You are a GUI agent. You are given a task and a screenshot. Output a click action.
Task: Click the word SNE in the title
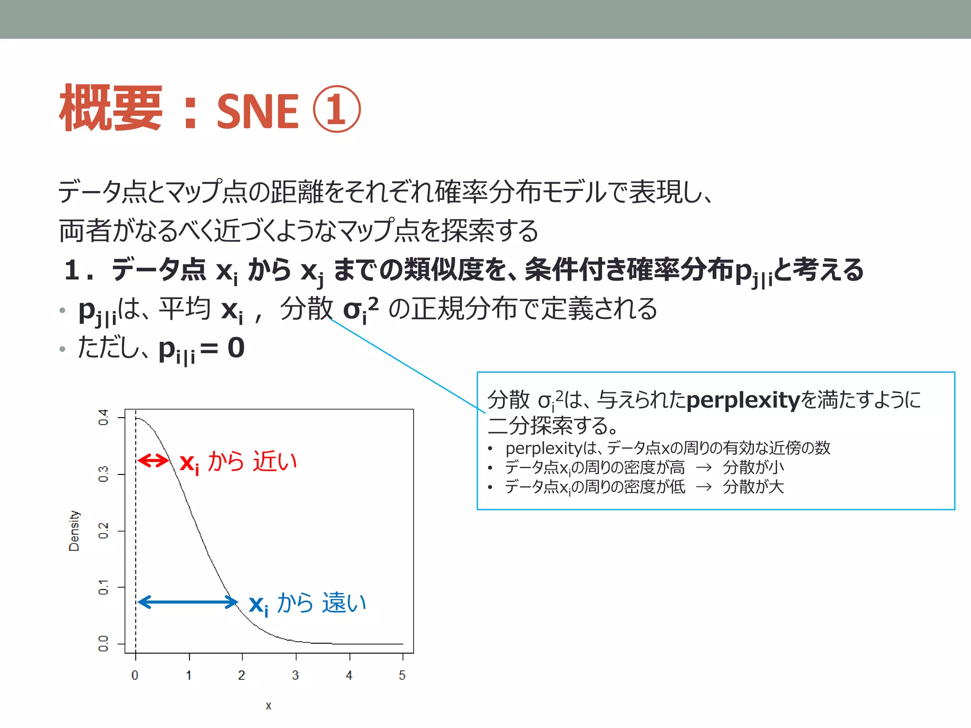tap(257, 111)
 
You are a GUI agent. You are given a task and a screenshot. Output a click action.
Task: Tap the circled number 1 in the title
tap(337, 109)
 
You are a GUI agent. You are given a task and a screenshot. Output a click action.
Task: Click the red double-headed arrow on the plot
tap(153, 460)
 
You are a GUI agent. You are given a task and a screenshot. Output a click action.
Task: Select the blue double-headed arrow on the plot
tap(188, 602)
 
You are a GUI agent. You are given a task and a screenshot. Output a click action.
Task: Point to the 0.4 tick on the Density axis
tap(103, 418)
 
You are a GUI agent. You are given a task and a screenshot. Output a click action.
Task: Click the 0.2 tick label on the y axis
tap(103, 531)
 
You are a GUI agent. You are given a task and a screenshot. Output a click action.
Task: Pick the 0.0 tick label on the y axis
tap(103, 644)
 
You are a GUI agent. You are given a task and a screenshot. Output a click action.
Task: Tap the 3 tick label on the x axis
tap(295, 675)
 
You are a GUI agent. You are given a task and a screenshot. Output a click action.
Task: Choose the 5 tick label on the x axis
tap(402, 675)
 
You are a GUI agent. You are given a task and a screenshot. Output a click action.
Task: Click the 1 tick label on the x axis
tap(189, 675)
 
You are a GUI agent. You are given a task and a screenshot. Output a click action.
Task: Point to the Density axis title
tap(74, 531)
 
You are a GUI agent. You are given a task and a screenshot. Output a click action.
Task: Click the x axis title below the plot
tap(268, 706)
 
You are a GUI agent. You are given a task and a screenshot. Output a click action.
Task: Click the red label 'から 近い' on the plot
tap(252, 461)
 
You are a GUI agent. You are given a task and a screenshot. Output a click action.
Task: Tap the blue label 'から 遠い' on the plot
tap(321, 603)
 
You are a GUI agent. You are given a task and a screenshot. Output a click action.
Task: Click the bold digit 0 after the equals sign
tap(236, 348)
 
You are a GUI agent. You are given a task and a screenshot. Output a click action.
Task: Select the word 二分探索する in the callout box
tap(552, 426)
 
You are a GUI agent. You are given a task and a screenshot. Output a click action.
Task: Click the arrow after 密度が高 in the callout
tap(704, 468)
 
